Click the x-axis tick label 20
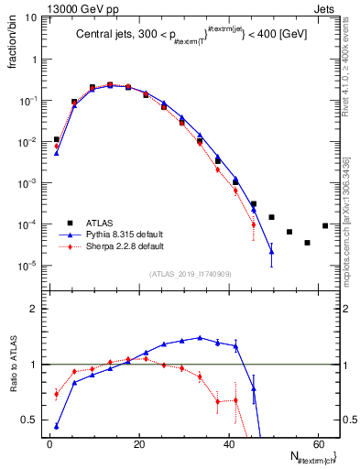(x=138, y=444)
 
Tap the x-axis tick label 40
(x=228, y=444)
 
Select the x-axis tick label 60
(x=317, y=444)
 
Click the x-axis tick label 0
(x=49, y=444)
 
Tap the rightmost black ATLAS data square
(x=325, y=225)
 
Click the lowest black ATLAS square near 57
(x=307, y=243)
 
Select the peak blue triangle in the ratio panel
(x=200, y=337)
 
